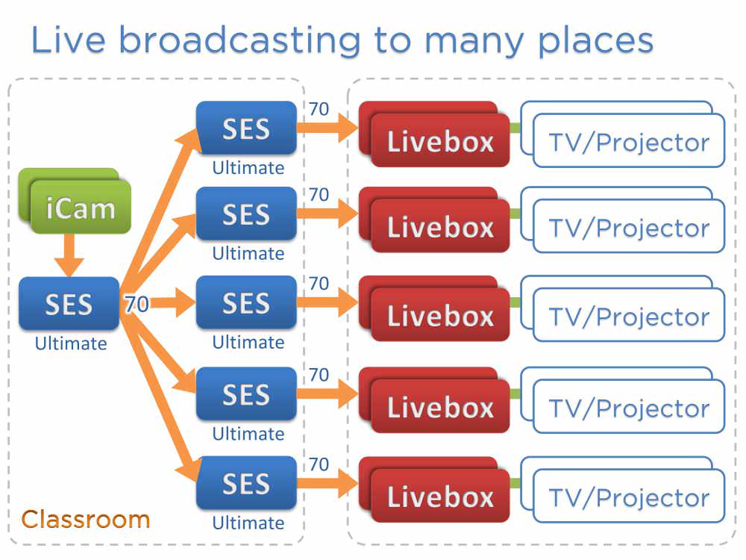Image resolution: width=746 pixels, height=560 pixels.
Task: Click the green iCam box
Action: pos(80,207)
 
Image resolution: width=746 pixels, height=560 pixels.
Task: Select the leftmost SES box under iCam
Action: pos(69,304)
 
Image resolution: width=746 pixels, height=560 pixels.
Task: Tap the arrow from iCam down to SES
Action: pos(69,255)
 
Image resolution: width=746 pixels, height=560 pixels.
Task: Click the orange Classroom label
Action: pos(85,519)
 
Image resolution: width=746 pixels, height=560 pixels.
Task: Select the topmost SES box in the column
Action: pos(246,128)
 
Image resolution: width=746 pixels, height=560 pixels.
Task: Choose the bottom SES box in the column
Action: pos(246,483)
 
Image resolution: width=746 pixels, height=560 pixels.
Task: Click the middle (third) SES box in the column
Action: pos(246,303)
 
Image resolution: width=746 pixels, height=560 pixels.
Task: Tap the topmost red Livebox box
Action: pos(440,140)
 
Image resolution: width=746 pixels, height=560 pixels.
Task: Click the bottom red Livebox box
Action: pos(440,496)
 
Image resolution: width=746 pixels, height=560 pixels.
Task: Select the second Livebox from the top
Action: pos(440,226)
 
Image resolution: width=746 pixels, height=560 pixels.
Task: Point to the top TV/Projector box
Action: pos(628,141)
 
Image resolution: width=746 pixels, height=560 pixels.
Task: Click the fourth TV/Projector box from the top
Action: pos(628,407)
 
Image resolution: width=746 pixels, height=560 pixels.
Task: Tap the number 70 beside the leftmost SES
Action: pos(136,305)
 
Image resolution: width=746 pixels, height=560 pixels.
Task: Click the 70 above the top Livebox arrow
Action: pos(319,110)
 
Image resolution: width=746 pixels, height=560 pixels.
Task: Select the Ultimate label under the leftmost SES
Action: pos(71,343)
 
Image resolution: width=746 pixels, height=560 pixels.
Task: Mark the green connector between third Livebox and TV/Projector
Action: pos(515,302)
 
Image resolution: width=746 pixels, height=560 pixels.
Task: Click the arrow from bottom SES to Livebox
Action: pos(328,483)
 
